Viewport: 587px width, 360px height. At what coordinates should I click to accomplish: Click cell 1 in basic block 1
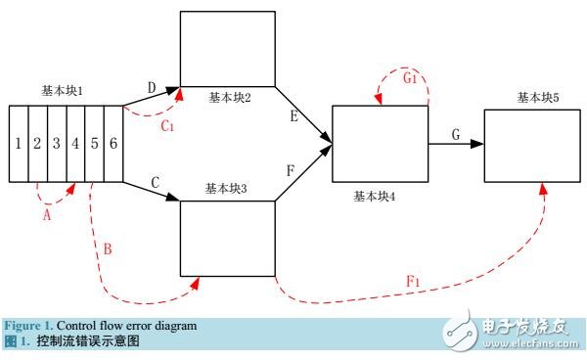click(18, 144)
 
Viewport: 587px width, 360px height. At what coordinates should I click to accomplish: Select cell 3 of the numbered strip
click(57, 144)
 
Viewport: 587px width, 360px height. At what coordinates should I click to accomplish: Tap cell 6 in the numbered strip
click(113, 144)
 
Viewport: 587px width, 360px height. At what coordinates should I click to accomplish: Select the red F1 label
click(414, 282)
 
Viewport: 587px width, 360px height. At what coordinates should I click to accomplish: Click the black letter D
click(152, 88)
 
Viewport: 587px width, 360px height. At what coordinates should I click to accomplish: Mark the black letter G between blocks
click(456, 133)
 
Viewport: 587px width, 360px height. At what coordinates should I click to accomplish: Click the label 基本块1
click(64, 91)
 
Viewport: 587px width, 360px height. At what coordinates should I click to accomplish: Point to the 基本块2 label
click(231, 98)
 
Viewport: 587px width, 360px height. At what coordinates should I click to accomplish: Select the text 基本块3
click(228, 186)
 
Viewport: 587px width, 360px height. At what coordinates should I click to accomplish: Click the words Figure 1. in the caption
click(27, 325)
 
